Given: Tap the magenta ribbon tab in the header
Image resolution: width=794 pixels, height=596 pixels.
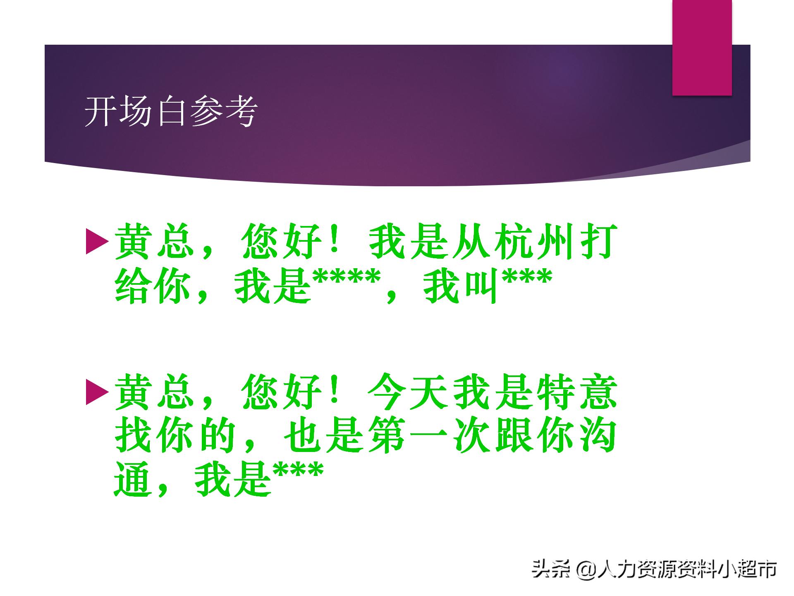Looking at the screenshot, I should coord(702,48).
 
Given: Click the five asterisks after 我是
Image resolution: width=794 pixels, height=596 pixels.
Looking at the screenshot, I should coord(347,281).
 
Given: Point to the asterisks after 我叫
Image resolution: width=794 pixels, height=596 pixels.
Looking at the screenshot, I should coord(527,281).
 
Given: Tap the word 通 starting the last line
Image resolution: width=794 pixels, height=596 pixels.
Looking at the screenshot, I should coord(132,480).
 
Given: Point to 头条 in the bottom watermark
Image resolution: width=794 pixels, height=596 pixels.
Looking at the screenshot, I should coord(550,569).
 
